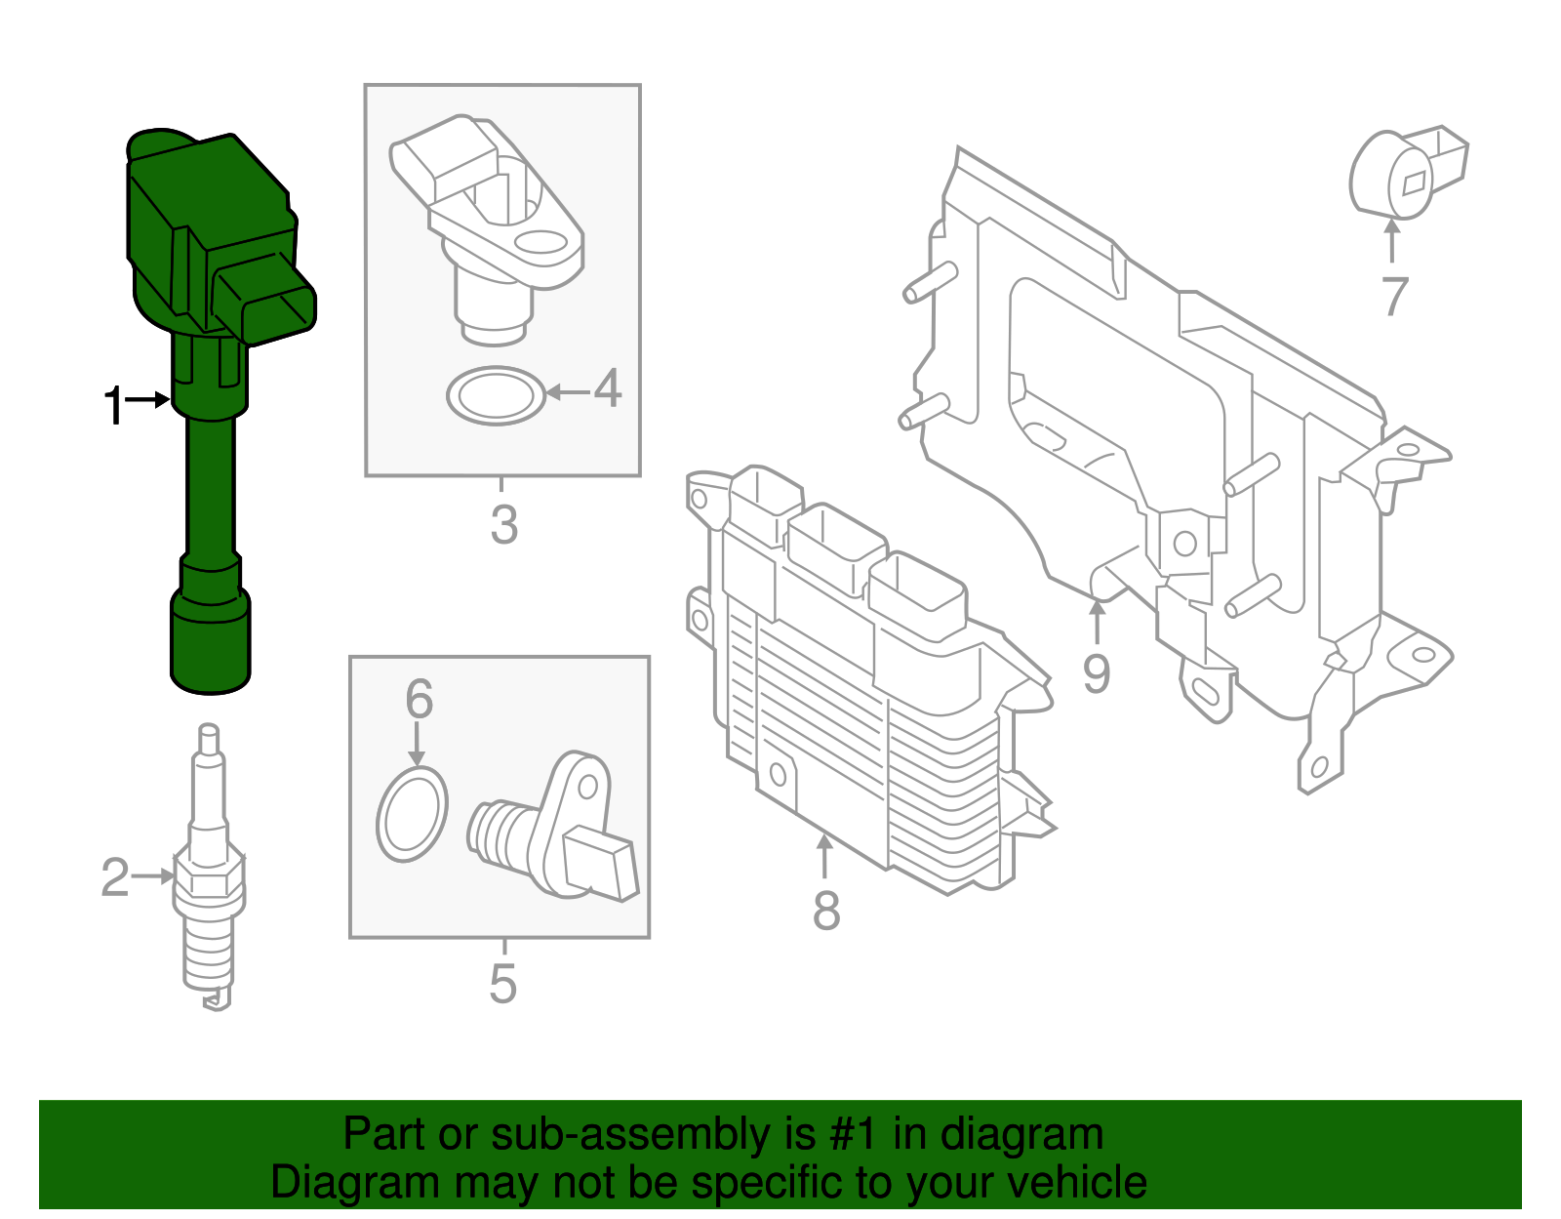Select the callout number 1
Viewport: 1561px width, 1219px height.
pyautogui.click(x=114, y=405)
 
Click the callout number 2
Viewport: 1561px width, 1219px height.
pyautogui.click(x=114, y=877)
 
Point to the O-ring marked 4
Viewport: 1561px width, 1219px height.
pyautogui.click(x=496, y=395)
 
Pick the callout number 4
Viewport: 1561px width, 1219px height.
pyautogui.click(x=608, y=388)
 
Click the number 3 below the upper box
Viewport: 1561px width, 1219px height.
pyautogui.click(x=503, y=525)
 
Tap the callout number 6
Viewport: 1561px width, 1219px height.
pyautogui.click(x=419, y=699)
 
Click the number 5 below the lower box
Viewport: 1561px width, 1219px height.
pyautogui.click(x=502, y=984)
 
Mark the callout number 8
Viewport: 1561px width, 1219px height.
pyautogui.click(x=825, y=911)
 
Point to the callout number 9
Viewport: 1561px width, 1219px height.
pyautogui.click(x=1097, y=673)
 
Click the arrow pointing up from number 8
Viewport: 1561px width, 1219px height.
pyautogui.click(x=825, y=857)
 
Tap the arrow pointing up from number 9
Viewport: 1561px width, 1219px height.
pyautogui.click(x=1098, y=622)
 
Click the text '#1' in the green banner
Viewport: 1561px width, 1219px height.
pyautogui.click(x=855, y=1134)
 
